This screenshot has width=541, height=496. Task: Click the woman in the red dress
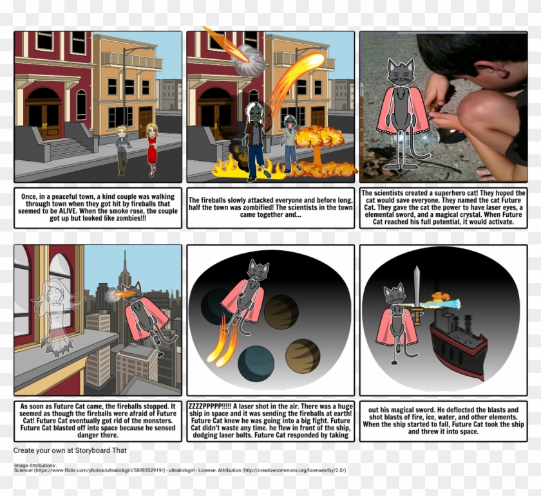click(152, 149)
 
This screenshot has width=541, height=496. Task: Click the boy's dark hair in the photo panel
click(470, 54)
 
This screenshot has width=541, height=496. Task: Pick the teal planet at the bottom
click(256, 363)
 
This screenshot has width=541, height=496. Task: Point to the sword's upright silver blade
click(417, 288)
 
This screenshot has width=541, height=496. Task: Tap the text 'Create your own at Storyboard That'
click(70, 450)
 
